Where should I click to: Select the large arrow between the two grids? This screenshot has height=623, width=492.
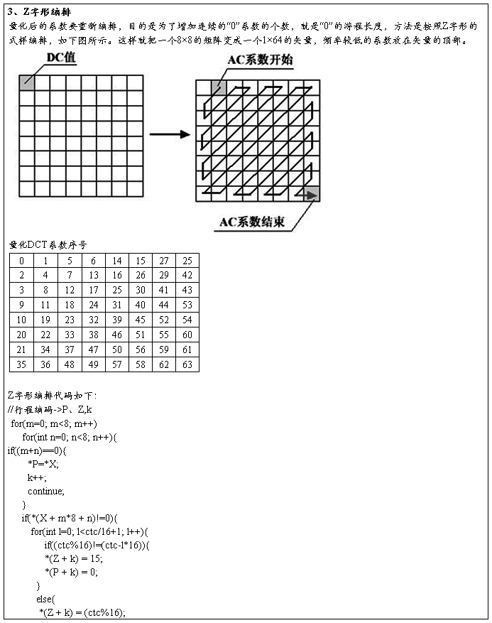170,134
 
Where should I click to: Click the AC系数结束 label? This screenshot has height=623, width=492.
252,222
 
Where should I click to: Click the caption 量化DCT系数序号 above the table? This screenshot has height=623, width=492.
48,245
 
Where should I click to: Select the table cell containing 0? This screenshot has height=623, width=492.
21,261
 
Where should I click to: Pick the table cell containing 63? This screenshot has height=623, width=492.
187,364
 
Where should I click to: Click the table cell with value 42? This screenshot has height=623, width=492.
187,276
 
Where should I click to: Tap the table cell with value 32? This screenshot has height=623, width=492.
93,320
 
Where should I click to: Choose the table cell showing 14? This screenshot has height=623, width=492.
117,261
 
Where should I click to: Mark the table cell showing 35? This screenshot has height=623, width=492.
21,364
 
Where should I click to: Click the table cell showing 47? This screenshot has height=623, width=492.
93,350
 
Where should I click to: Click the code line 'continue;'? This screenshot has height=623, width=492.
45,491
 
